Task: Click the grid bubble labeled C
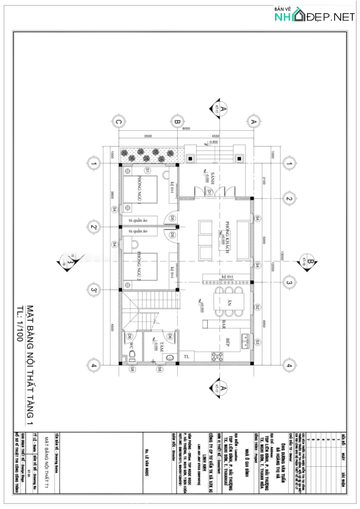(x=118, y=122)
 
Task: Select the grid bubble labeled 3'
(x=93, y=290)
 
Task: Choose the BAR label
(x=223, y=322)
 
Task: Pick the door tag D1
(x=209, y=192)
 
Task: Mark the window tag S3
(x=258, y=342)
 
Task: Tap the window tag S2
(x=258, y=307)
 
